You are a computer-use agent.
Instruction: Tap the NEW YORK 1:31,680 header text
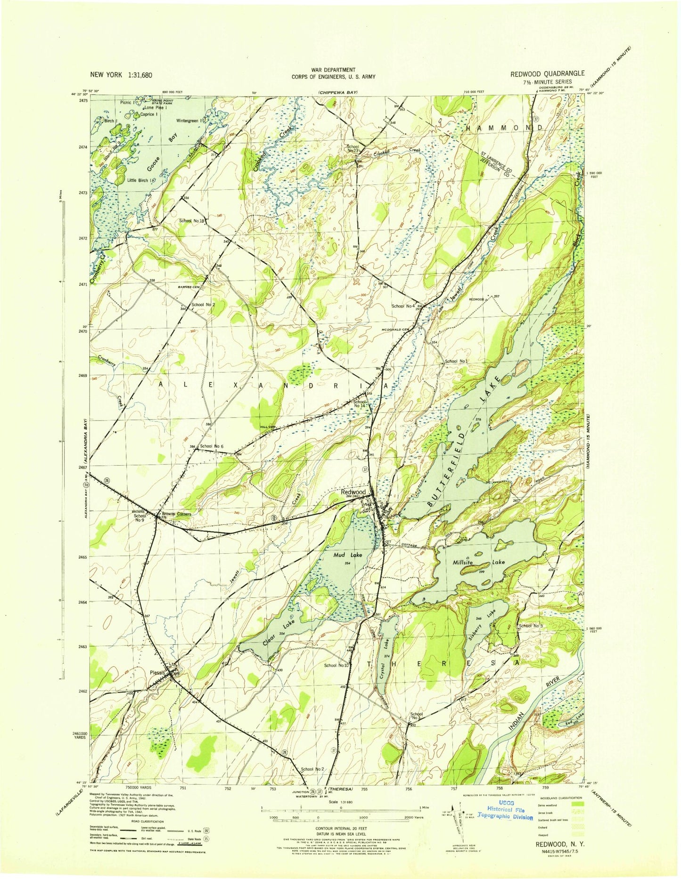[121, 75]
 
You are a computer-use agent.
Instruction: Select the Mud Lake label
[348, 555]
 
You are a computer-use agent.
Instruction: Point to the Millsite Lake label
[478, 562]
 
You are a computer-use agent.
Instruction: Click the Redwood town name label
[353, 492]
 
